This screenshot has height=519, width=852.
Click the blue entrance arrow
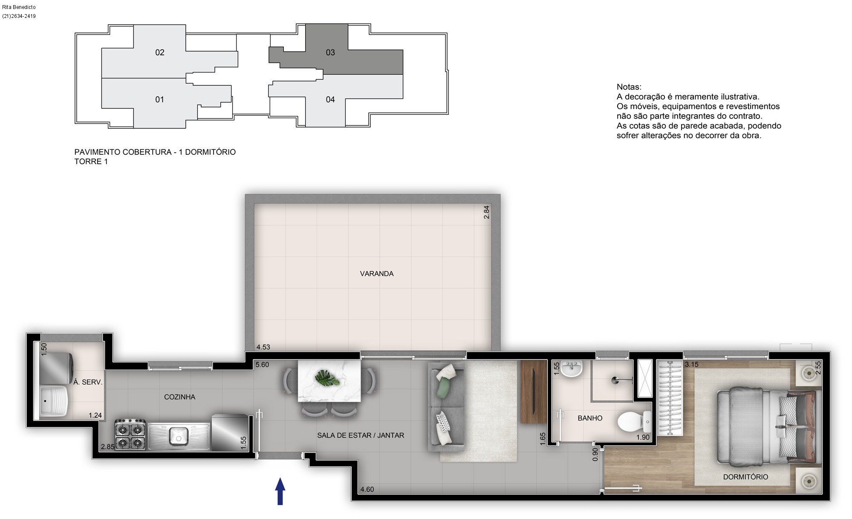(x=280, y=491)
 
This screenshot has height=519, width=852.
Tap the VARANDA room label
(x=377, y=274)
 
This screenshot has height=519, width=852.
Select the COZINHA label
(x=179, y=397)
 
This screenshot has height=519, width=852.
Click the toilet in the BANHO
(x=634, y=422)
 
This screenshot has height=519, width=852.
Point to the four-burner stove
(x=130, y=435)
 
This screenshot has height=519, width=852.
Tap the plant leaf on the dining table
(x=327, y=378)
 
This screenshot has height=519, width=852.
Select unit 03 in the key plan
(x=330, y=52)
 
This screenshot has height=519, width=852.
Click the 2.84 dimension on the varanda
(x=486, y=212)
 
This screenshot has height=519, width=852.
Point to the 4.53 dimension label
(x=263, y=347)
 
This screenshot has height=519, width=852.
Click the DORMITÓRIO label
(x=745, y=477)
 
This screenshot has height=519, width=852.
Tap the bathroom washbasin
(x=571, y=369)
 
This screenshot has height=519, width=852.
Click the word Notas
(x=629, y=87)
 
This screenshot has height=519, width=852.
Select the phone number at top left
(x=19, y=16)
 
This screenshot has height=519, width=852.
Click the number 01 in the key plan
(x=159, y=100)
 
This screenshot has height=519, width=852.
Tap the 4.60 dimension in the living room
(x=367, y=489)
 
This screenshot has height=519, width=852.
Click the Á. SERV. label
(x=88, y=382)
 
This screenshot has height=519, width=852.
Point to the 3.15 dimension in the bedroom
(x=692, y=365)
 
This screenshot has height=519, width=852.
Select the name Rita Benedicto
(x=19, y=7)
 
